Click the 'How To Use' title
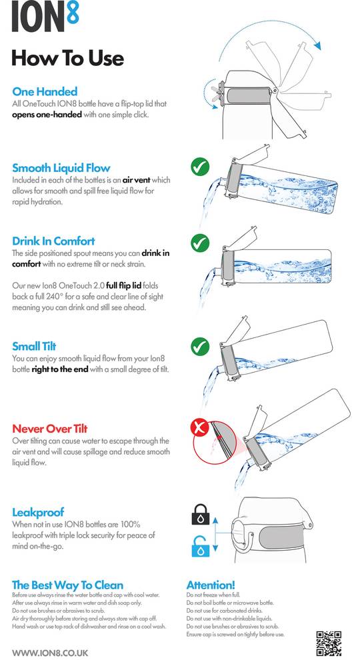[68, 58]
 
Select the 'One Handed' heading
[45, 91]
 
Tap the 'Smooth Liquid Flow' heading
[61, 168]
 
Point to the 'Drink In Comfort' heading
[53, 241]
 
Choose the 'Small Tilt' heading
[34, 347]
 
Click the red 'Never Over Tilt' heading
[50, 429]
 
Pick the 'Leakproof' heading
[38, 512]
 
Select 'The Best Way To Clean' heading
[68, 585]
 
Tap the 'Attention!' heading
[211, 585]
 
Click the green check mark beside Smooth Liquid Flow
[200, 167]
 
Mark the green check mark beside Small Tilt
[200, 347]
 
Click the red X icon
[200, 428]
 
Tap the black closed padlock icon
[201, 515]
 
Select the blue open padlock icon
[201, 546]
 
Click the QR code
[329, 643]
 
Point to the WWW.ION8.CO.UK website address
[50, 653]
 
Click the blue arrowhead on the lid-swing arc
[317, 45]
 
